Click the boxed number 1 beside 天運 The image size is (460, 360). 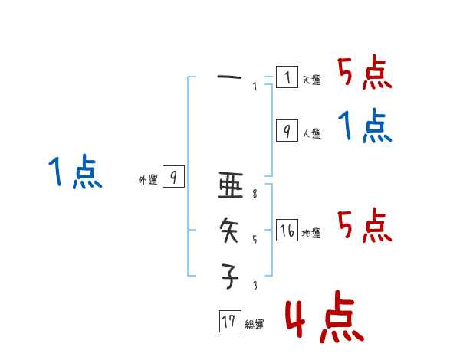pos(287,77)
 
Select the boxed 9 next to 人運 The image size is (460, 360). pos(287,131)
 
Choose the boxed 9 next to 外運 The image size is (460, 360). pos(174,177)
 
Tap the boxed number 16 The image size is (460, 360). pos(287,231)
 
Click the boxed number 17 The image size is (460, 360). pos(228,322)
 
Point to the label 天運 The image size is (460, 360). pos(311,80)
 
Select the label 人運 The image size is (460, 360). pos(311,134)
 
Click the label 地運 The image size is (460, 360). pos(311,234)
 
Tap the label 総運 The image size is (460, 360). pos(255,325)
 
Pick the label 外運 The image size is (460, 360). pos(148,180)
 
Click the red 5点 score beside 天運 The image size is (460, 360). pos(364,74)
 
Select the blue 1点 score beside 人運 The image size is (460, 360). pos(364,126)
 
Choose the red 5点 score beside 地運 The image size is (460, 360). pos(364,226)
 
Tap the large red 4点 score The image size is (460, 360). pos(324,319)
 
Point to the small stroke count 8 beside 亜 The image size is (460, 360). pos(255,195)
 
